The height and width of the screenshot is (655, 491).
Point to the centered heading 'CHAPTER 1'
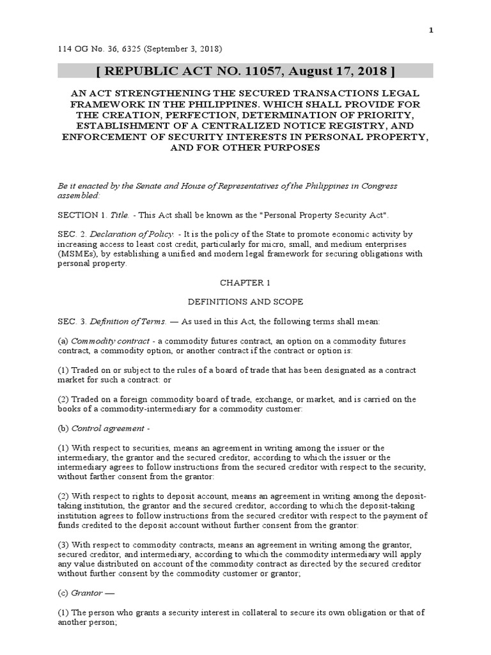(245, 282)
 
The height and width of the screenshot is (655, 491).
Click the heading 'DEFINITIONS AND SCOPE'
(245, 301)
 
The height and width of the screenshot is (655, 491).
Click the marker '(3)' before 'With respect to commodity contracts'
(63, 544)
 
